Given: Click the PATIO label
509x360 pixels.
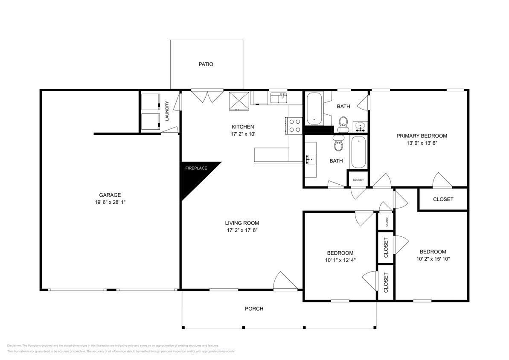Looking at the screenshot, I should click(x=206, y=64).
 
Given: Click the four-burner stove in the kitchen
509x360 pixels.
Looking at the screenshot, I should click(x=295, y=125).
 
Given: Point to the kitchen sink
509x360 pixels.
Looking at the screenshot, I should click(x=280, y=98).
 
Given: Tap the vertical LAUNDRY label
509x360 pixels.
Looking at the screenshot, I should click(x=167, y=110).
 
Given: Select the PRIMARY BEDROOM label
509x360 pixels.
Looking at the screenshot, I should click(x=422, y=136).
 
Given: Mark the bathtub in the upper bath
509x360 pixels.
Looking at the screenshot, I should click(x=314, y=107).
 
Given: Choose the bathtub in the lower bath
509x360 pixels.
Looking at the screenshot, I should click(x=358, y=152).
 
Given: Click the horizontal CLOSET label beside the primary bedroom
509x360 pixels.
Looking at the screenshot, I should click(x=443, y=199).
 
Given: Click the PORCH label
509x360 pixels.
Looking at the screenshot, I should click(x=254, y=309).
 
